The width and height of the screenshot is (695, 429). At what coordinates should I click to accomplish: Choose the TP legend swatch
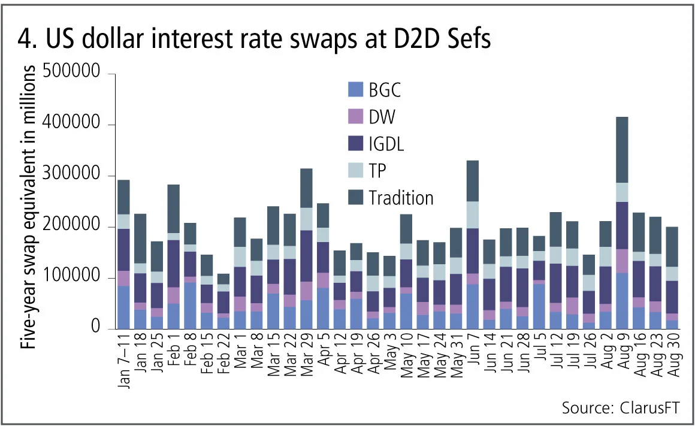355,171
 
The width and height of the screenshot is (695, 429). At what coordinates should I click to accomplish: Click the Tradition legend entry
401,198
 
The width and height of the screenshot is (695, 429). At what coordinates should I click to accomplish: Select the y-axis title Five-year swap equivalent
26,201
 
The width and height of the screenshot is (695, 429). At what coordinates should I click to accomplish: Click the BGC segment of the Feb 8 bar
190,306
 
